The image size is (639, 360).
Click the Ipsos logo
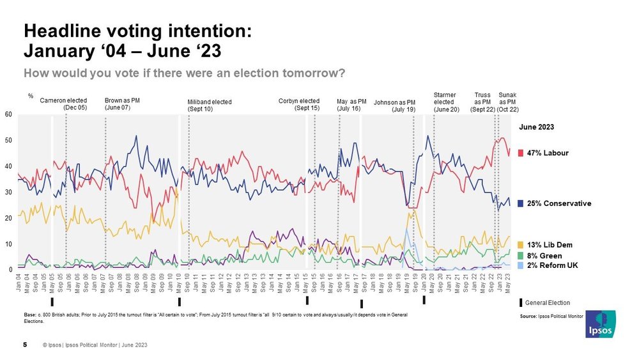[600, 324]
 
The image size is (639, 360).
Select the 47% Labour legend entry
[547, 153]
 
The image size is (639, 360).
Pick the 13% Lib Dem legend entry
[550, 245]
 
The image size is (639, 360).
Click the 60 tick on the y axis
[10, 115]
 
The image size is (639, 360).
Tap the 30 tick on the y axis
[10, 192]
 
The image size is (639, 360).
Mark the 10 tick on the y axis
[10, 244]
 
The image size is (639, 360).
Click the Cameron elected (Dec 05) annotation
[63, 104]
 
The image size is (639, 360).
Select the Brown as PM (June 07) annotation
[118, 104]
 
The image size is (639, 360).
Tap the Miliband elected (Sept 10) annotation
[210, 106]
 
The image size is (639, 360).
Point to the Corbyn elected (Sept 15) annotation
[299, 104]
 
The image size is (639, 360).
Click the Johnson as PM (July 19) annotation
[395, 106]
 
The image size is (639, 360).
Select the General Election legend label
[548, 302]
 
